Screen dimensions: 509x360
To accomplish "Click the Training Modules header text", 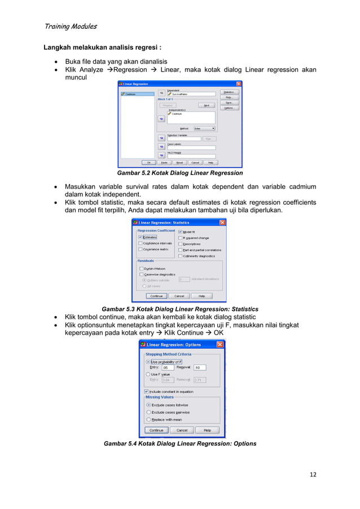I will pos(69,26).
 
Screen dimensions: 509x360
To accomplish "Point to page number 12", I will pos(313,474).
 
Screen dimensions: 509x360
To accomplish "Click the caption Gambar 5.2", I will pos(179,173).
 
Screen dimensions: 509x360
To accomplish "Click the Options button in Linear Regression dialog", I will pos(229,108).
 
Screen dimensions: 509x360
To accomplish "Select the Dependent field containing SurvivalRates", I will pos(191,94).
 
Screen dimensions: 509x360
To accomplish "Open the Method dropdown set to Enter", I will pos(204,129).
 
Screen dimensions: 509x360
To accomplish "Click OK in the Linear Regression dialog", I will pos(150,163).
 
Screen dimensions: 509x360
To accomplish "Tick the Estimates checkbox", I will pos(141,238).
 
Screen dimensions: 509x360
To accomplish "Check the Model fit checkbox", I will pos(180,232).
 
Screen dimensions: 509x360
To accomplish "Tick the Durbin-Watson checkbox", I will pos(141,269).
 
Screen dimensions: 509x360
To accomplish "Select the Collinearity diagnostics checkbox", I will pos(180,256).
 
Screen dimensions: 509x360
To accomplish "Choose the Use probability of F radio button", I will pos(148,362).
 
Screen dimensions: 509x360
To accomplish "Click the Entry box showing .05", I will pos(168,367).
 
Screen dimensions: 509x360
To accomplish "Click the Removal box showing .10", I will pos(199,367).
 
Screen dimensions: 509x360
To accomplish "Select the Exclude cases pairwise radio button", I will pos(148,412).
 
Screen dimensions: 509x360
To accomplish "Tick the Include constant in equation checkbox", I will pos(147,391).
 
